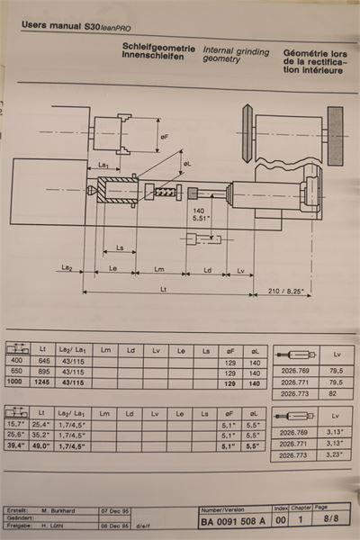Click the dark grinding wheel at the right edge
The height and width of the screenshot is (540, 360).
coord(335,136)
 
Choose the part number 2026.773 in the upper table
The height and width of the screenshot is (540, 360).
coord(294,393)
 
